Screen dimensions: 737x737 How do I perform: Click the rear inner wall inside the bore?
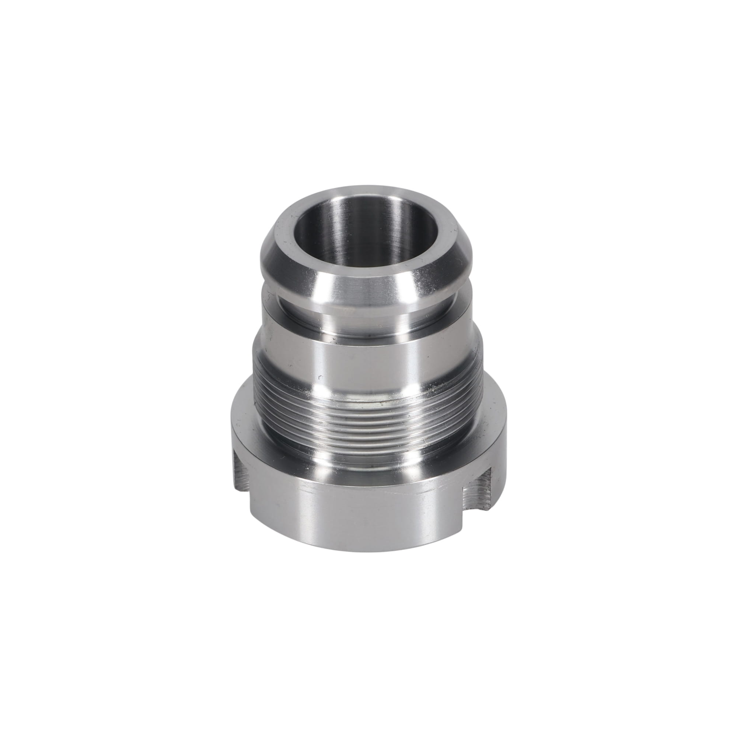point(366,214)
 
